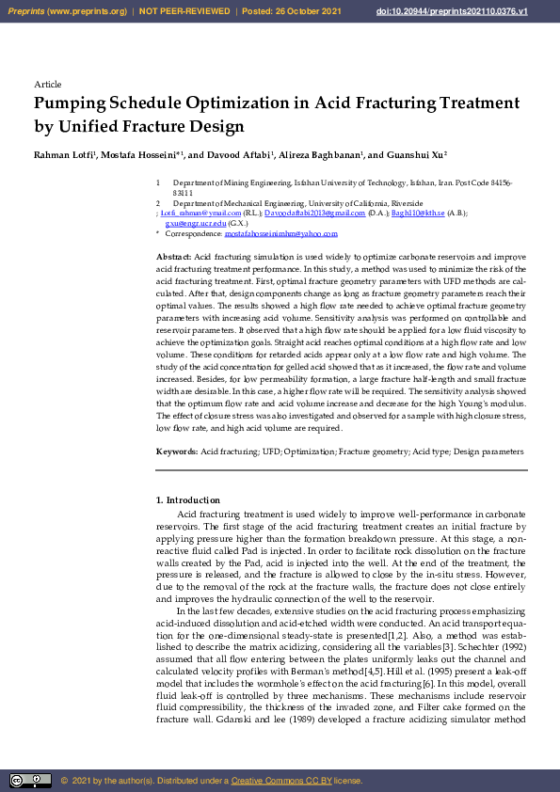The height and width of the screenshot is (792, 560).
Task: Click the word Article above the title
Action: (47, 85)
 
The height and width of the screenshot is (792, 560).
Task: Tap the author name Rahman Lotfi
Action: (64, 154)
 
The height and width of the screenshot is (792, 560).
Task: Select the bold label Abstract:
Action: (173, 257)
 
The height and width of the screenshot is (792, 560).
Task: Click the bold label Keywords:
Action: (177, 452)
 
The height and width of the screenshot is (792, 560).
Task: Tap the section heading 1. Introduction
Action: (188, 500)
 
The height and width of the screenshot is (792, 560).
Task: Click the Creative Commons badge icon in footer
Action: (30, 780)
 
